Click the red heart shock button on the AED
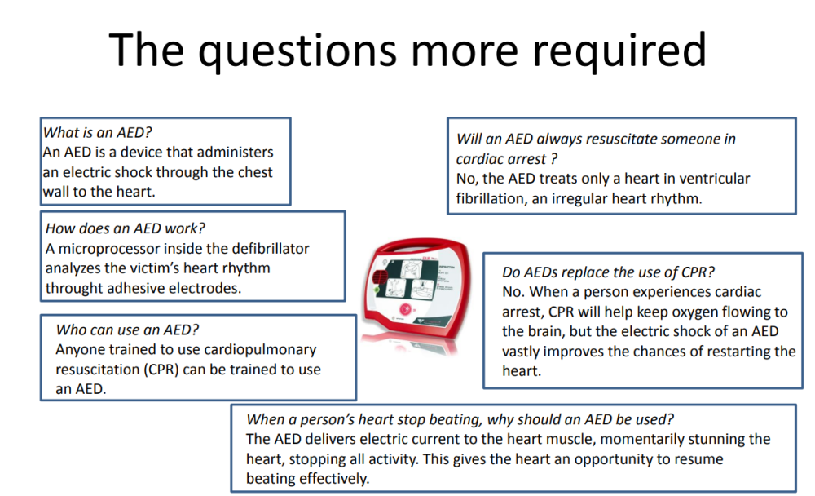click(x=404, y=310)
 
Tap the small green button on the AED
click(x=377, y=289)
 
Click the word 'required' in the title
click(x=619, y=51)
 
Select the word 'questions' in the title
click(x=297, y=51)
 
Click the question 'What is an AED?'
click(x=97, y=133)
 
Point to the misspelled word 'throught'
click(x=74, y=288)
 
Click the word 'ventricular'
click(x=715, y=179)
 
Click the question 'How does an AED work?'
click(x=126, y=228)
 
